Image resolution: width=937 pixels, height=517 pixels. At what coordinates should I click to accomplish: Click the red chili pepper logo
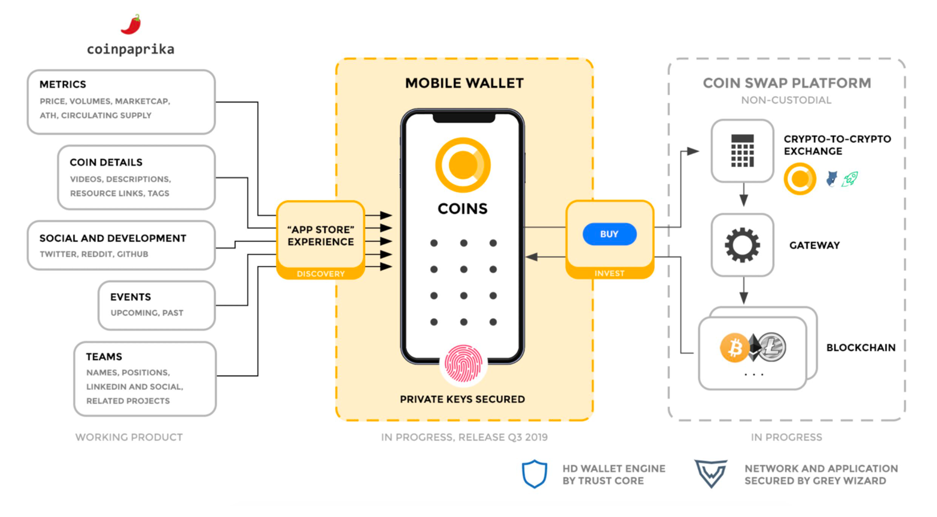131,25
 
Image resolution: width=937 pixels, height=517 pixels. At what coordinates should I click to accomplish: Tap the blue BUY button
609,234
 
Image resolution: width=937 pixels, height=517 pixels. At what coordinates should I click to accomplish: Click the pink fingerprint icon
463,364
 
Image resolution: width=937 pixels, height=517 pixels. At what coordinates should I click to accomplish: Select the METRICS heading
63,84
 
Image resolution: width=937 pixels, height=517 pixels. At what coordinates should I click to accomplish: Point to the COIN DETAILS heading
106,162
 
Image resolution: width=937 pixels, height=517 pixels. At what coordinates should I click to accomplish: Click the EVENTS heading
130,297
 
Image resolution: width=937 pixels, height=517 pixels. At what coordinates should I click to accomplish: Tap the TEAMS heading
104,357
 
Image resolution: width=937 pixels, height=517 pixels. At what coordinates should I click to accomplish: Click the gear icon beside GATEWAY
742,245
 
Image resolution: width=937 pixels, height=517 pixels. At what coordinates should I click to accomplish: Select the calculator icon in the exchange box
742,151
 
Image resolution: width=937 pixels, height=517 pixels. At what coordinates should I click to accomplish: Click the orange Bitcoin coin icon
734,347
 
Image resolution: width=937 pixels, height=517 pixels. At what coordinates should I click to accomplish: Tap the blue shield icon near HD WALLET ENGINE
535,474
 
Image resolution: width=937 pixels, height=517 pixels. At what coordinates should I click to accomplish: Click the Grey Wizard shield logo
710,474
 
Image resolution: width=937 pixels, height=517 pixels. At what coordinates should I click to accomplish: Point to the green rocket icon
850,179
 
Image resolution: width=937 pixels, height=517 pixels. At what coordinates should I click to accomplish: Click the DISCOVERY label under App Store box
320,274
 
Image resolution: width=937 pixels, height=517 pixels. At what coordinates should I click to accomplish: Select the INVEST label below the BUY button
609,273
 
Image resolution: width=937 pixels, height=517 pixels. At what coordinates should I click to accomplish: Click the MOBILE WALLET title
464,83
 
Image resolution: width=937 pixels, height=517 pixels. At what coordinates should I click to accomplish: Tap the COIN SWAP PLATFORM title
786,83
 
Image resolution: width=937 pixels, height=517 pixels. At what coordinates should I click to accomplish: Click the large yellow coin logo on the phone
463,165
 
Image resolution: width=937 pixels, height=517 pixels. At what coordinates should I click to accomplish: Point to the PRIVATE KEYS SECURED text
462,399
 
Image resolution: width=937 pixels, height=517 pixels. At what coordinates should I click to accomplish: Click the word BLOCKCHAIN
860,347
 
